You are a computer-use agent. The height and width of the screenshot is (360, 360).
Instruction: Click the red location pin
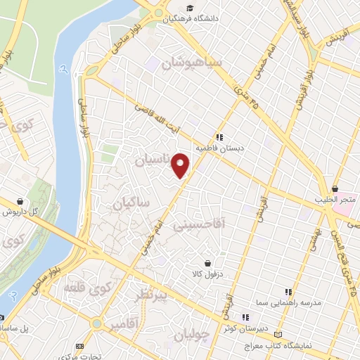(x=181, y=165)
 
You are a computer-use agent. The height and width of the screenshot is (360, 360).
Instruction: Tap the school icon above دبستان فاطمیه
(x=219, y=138)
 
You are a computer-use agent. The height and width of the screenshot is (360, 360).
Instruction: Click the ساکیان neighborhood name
(x=131, y=204)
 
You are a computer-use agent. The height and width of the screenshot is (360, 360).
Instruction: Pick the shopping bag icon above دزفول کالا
(x=207, y=263)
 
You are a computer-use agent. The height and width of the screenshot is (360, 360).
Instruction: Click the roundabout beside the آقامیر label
(x=96, y=323)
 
